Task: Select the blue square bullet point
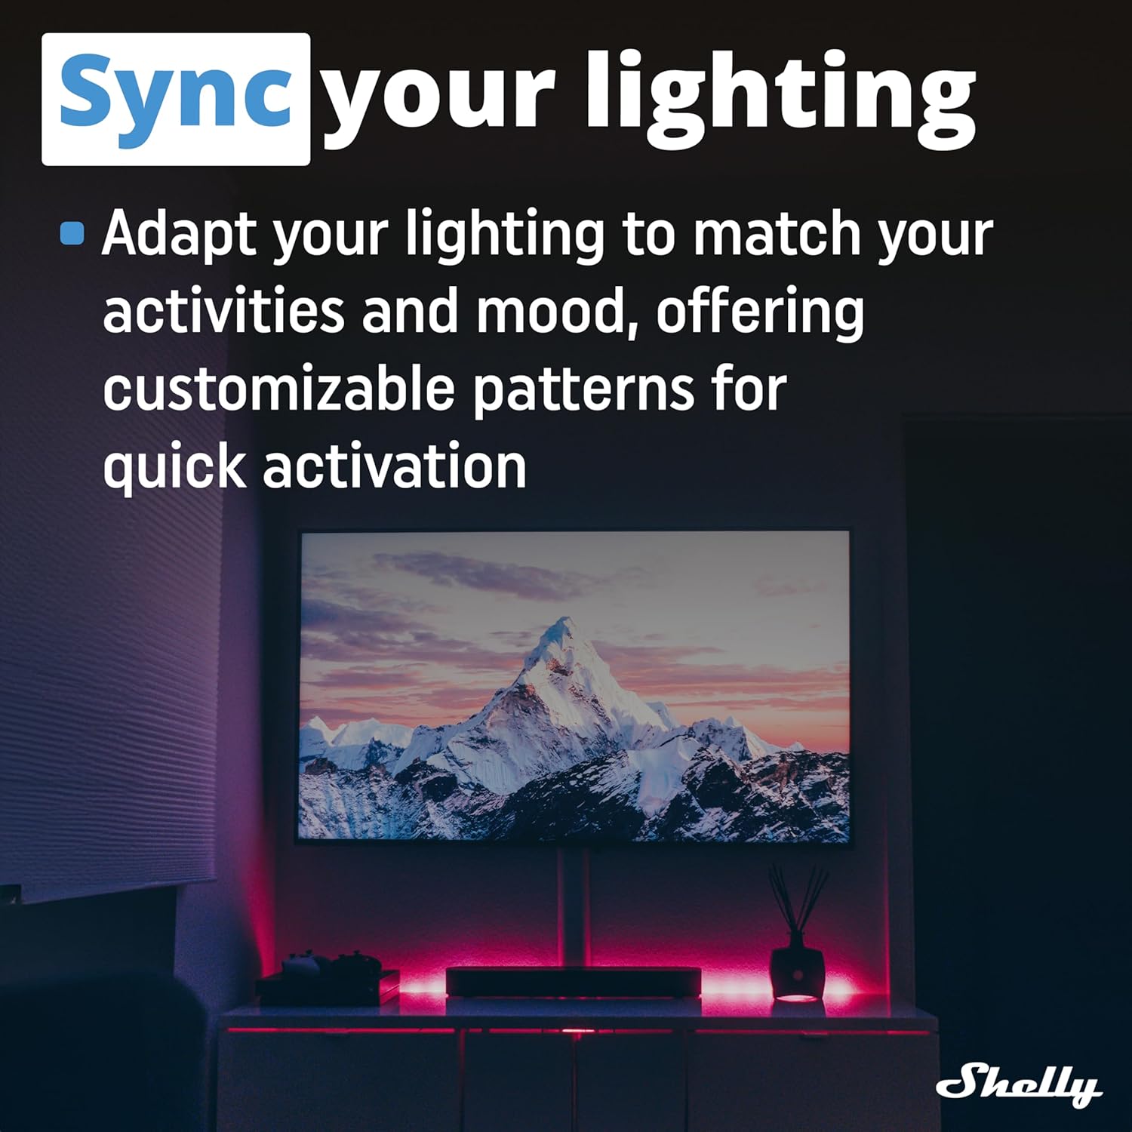(72, 233)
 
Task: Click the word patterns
(583, 390)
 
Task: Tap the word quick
(174, 468)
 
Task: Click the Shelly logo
(1019, 1084)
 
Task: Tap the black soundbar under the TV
(574, 983)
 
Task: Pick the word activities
(223, 311)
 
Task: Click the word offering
(759, 311)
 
